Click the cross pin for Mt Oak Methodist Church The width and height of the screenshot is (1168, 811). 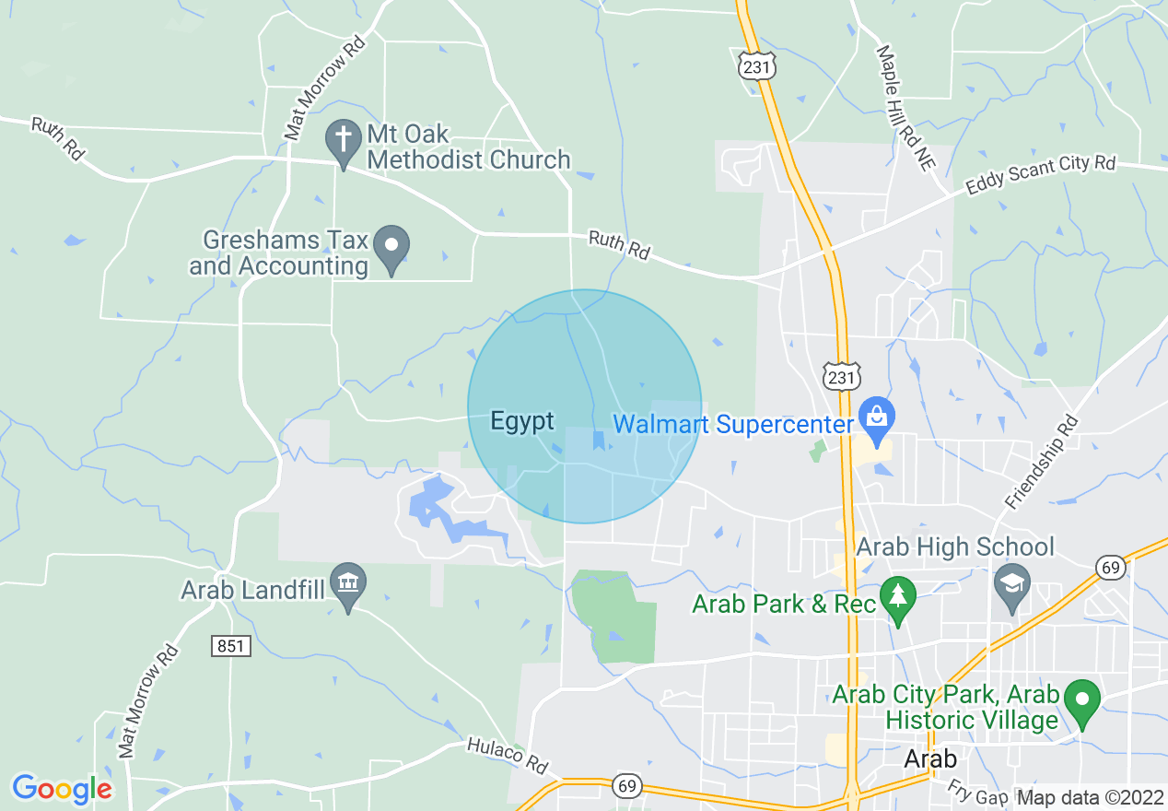(x=344, y=142)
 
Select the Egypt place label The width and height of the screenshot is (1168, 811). (x=522, y=421)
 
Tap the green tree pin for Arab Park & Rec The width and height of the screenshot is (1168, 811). (x=896, y=594)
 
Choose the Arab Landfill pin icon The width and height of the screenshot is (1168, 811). (x=348, y=583)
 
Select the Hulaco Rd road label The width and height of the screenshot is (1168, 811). (x=507, y=755)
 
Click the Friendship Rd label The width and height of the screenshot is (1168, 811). (x=1042, y=462)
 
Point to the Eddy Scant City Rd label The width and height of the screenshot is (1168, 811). (x=1040, y=175)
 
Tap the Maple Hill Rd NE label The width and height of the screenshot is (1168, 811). (x=905, y=109)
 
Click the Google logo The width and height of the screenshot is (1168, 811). (x=61, y=788)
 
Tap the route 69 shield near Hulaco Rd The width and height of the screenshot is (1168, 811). (x=626, y=786)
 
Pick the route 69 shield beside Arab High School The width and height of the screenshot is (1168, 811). (x=1112, y=567)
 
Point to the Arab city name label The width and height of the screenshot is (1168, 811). (x=930, y=758)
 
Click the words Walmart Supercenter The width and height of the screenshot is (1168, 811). (x=733, y=425)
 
